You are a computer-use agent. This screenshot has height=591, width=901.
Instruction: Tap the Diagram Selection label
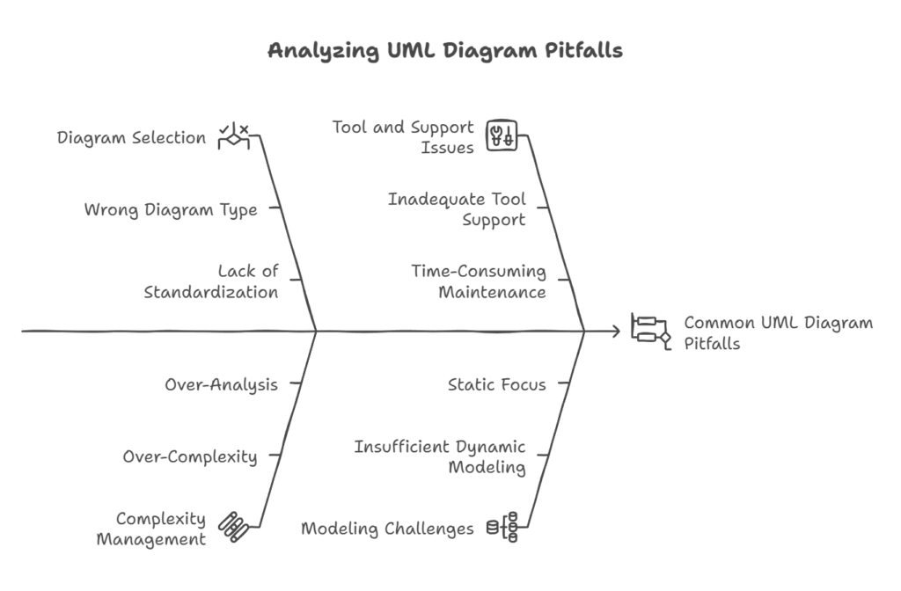point(131,138)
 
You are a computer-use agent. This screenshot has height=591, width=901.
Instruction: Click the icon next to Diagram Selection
point(233,136)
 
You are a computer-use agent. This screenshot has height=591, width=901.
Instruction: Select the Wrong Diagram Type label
point(171,209)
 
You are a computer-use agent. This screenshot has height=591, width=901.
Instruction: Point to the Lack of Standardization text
point(211,281)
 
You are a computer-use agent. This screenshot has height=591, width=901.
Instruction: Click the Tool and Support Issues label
point(403,137)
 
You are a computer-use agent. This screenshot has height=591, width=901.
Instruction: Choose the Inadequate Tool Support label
point(457,209)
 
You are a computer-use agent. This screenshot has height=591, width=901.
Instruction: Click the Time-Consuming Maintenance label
point(479,281)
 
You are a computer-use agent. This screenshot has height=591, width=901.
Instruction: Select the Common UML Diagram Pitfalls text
point(778,332)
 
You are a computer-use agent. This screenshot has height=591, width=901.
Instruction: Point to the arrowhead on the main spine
point(615,332)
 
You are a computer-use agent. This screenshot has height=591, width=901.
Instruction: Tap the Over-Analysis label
point(221,384)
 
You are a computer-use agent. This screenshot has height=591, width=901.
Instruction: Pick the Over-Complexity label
point(189,456)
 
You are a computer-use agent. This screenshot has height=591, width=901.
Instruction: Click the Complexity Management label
point(150,529)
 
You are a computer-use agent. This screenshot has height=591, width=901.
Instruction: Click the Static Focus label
point(496,384)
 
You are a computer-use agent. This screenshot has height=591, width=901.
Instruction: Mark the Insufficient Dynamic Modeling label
point(440,456)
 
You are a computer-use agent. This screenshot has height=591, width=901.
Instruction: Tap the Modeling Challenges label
point(387,529)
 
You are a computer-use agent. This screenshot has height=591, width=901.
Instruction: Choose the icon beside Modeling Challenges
point(502,527)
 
